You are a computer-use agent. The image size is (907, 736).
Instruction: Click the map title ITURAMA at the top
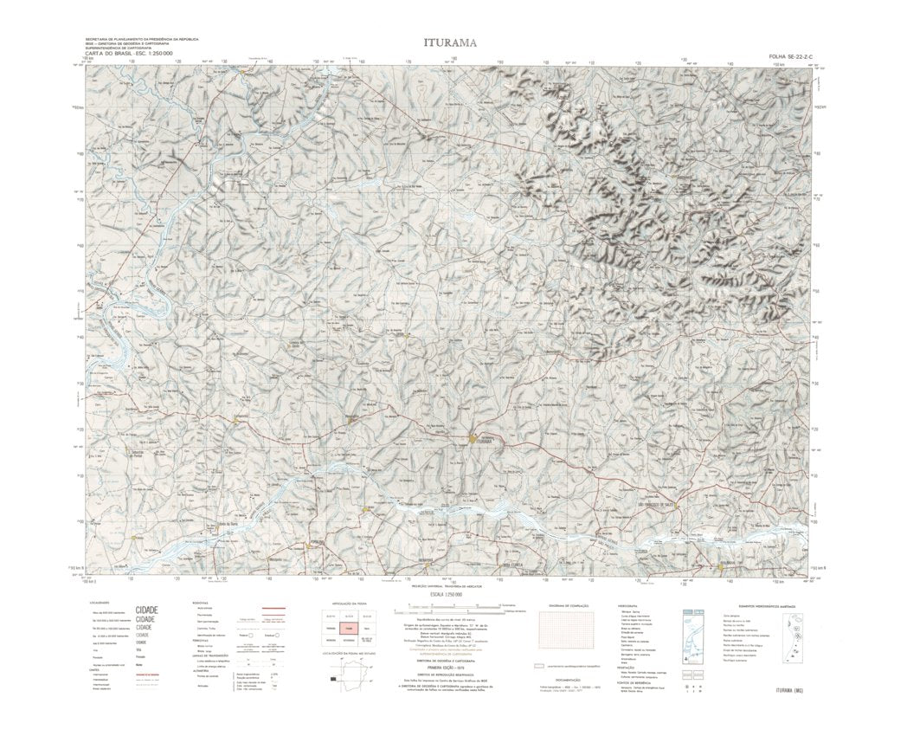pyautogui.click(x=448, y=42)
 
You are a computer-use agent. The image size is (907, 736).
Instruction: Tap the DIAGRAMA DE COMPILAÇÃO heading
pyautogui.click(x=563, y=604)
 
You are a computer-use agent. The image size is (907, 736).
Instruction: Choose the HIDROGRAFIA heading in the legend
pyautogui.click(x=628, y=604)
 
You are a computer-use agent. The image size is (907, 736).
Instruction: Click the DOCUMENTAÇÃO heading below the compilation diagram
pyautogui.click(x=563, y=680)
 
